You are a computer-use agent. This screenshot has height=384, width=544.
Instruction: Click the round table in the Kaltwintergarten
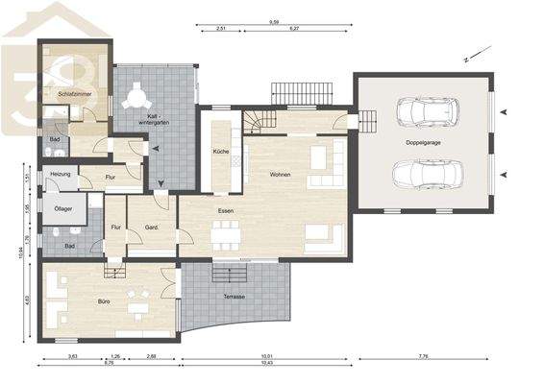(137, 96)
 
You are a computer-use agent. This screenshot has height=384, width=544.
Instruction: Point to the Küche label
(220, 152)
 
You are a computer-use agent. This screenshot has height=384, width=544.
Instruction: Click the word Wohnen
(280, 175)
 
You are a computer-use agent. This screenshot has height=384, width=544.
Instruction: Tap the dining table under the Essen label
(227, 232)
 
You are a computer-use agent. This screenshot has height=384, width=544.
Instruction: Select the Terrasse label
(234, 297)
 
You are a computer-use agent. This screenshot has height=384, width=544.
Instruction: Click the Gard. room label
(151, 228)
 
